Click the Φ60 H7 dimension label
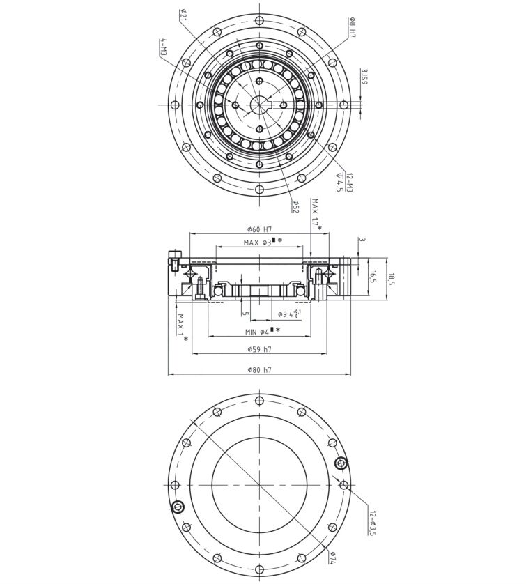259,230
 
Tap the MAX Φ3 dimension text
262,242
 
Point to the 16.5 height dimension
373,277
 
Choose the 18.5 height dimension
392,279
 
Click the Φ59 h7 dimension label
259,349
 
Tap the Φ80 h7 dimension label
259,370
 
